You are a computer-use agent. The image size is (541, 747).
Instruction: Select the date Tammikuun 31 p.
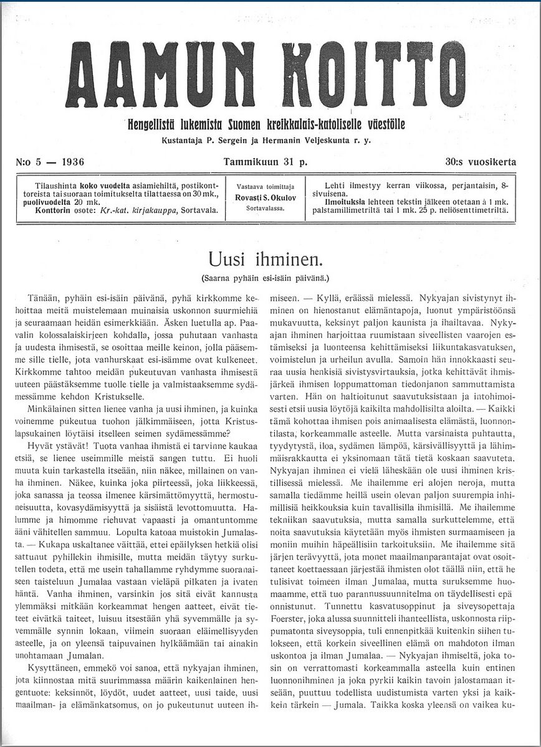pyautogui.click(x=266, y=162)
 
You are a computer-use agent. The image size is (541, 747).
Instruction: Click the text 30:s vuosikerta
pyautogui.click(x=481, y=162)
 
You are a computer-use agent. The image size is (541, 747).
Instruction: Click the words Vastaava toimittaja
pyautogui.click(x=266, y=186)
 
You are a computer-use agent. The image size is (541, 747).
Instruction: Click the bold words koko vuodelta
pyautogui.click(x=102, y=186)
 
